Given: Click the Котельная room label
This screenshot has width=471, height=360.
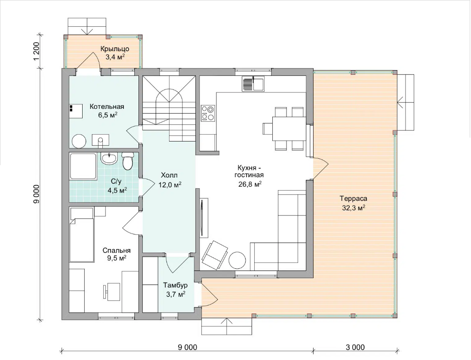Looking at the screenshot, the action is click(107, 107).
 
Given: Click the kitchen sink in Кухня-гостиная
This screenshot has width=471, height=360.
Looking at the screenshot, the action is click(253, 84).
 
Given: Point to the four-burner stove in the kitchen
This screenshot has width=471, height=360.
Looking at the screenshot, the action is click(208, 113).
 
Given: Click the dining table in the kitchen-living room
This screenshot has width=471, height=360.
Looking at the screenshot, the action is click(289, 129).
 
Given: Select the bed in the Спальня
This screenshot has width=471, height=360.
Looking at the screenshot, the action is click(81, 235).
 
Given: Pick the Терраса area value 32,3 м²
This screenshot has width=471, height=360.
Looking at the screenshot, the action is click(354, 207).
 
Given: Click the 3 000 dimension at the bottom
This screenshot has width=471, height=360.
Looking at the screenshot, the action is click(355, 348).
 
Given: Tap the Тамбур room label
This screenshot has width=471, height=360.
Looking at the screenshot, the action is click(175, 285).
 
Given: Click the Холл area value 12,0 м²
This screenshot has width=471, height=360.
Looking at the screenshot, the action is click(170, 185).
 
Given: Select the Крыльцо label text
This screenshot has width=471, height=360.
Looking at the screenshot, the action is click(115, 49).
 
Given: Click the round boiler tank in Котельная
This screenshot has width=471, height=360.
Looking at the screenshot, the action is click(79, 141).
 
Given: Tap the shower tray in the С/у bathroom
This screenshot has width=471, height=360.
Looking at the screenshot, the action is click(83, 166).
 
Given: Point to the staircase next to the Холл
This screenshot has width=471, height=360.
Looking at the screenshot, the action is click(169, 108).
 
